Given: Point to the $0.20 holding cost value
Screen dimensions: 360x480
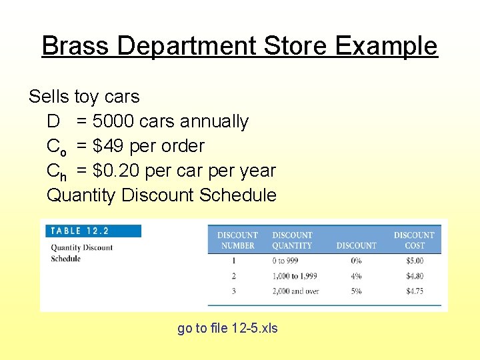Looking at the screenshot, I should [x=116, y=171].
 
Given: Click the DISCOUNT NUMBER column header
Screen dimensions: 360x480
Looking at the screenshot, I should [x=237, y=240].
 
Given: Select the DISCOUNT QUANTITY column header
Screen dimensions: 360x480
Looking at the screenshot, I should [x=292, y=240].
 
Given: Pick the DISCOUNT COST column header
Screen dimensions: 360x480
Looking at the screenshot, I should [x=413, y=240].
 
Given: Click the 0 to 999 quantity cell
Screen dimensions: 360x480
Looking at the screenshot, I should [x=287, y=261].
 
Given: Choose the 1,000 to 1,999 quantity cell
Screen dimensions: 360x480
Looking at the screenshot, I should [x=295, y=276].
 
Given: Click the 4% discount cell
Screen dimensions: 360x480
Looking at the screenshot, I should [x=356, y=276].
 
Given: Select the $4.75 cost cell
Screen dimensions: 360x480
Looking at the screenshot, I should [x=414, y=291].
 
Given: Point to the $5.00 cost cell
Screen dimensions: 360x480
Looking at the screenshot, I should [x=414, y=261].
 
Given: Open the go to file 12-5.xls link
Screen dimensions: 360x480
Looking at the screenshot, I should [x=227, y=328].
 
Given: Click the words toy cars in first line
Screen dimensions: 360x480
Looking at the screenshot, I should [x=107, y=97].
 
